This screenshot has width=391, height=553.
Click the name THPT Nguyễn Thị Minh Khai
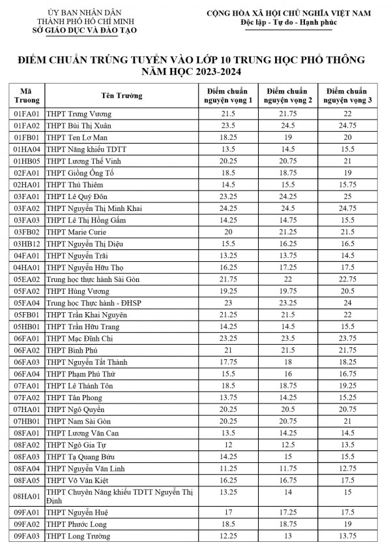[94, 208]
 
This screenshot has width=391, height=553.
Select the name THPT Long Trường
[78, 536]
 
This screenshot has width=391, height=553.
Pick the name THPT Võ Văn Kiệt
[77, 480]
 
